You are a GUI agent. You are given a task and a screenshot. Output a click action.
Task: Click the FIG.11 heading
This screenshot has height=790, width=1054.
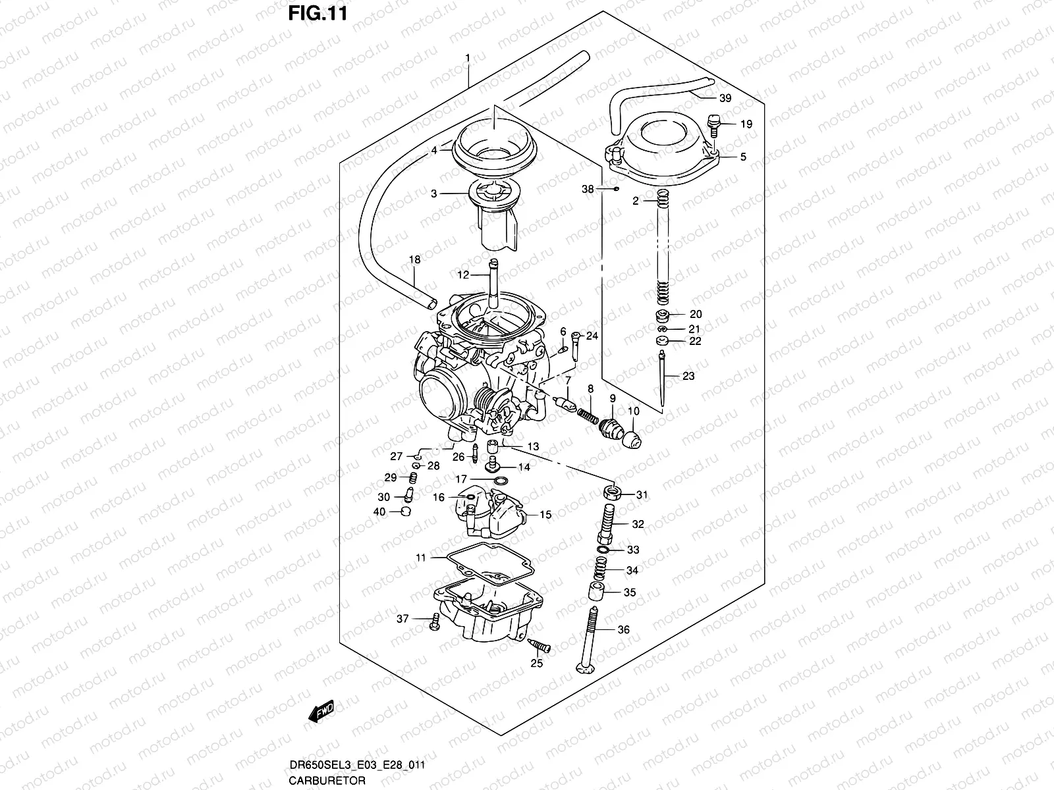click(x=317, y=13)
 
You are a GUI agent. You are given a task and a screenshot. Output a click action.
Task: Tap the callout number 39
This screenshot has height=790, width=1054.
click(x=725, y=99)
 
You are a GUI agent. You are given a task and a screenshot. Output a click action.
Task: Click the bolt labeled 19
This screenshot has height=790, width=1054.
click(x=711, y=123)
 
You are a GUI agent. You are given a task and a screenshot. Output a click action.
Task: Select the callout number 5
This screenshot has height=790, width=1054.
click(x=743, y=157)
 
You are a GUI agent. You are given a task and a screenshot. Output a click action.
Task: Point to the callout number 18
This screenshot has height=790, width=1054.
click(x=414, y=260)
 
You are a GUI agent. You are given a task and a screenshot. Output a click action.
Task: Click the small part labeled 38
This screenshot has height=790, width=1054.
click(x=614, y=189)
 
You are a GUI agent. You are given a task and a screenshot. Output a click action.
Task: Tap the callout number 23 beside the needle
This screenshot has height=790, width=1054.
click(x=688, y=377)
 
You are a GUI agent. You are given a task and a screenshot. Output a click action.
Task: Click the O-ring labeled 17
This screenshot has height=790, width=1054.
click(x=500, y=482)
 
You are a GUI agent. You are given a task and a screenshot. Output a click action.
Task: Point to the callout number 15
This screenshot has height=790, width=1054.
click(x=545, y=515)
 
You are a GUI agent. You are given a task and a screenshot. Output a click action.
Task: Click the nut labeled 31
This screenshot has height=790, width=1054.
click(x=613, y=492)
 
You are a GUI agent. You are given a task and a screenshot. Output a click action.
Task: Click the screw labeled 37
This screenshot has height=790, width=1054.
click(x=435, y=620)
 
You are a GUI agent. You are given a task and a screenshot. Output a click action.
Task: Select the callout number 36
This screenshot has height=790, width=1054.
click(x=624, y=630)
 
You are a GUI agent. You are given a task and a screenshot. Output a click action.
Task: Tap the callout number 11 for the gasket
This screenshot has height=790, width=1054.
click(x=421, y=558)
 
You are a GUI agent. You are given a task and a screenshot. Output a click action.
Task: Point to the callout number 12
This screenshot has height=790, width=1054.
click(x=463, y=275)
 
